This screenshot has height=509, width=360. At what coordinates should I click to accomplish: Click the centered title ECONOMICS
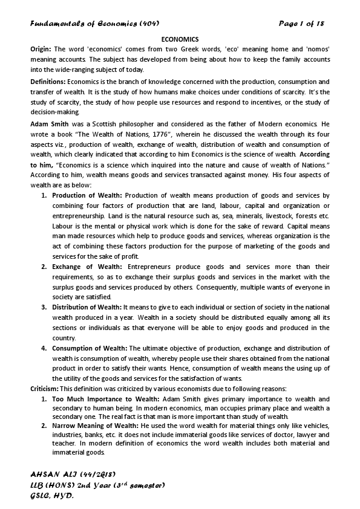[x=180, y=39]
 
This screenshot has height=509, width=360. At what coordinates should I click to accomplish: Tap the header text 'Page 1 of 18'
[x=302, y=24]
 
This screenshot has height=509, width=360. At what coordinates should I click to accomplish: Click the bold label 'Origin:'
[x=41, y=48]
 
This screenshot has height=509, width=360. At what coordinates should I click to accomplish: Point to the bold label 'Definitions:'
[x=48, y=81]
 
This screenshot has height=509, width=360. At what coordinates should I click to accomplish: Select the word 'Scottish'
[x=92, y=123]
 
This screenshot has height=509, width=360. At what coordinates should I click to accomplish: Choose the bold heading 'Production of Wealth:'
[x=87, y=195]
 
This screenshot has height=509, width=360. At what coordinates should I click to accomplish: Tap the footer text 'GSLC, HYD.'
[x=52, y=495]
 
